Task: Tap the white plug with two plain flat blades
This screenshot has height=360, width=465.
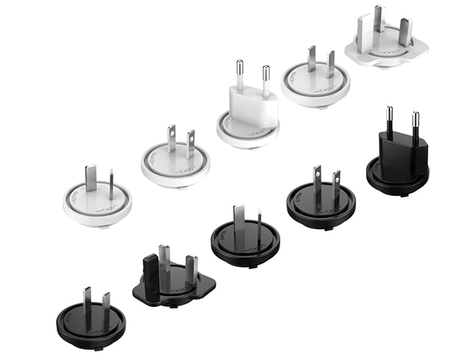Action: [316, 78]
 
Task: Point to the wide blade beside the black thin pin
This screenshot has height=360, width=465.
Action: [239, 220]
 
